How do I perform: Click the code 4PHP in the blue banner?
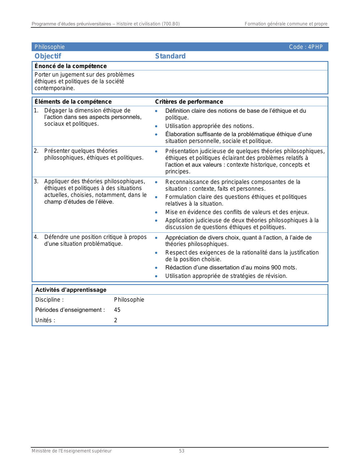point(315,47)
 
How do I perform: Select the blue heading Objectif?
point(48,56)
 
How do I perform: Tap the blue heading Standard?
point(170,56)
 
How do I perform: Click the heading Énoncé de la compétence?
point(71,66)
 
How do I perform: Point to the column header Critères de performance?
point(189,102)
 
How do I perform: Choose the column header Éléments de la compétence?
point(73,102)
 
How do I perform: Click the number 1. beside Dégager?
point(36,110)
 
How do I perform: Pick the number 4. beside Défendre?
point(36,237)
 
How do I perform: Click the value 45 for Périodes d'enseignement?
point(117,310)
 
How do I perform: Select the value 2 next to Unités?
point(115,320)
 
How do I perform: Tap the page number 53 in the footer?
point(182,451)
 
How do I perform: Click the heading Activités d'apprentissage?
point(71,290)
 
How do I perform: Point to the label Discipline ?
point(49,300)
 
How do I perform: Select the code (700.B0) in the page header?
point(171,24)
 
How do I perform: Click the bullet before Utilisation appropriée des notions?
point(156,126)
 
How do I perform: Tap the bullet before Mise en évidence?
point(156,212)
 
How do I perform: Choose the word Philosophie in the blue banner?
point(50,47)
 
